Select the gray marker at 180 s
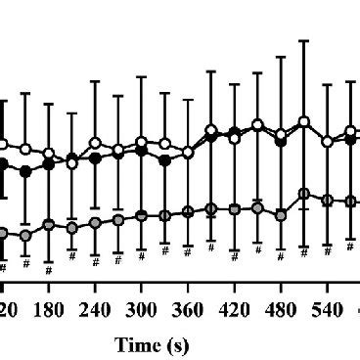pyautogui.click(x=48, y=225)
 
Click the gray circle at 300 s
pyautogui.click(x=142, y=215)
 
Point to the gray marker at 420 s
pyautogui.click(x=235, y=208)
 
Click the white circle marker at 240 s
pyautogui.click(x=95, y=143)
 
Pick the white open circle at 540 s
pyautogui.click(x=328, y=142)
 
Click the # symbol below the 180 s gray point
pyautogui.click(x=48, y=263)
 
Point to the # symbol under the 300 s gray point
pyautogui.click(x=142, y=257)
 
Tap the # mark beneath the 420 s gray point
pyautogui.click(x=235, y=256)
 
